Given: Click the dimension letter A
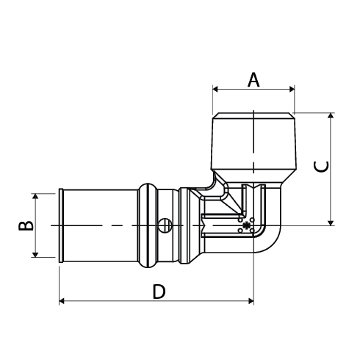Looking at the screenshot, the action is [x=253, y=80].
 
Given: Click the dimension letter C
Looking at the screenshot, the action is [x=321, y=167].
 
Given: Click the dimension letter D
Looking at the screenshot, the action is [x=159, y=292].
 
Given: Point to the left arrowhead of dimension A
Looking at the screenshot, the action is [x=215, y=89].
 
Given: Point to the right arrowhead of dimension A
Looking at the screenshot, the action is [x=292, y=89].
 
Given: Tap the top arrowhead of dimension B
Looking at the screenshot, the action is [x=35, y=196].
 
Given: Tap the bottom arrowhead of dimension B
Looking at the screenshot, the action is [x=35, y=255].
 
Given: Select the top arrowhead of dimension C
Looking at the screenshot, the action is [x=331, y=116].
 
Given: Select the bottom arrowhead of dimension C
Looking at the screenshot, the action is [x=331, y=222].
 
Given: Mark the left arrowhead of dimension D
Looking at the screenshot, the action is [x=62, y=301].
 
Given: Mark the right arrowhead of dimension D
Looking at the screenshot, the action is [x=251, y=301].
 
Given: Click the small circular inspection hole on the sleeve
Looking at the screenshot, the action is [x=165, y=225].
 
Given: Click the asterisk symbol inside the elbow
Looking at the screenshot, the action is [x=246, y=225].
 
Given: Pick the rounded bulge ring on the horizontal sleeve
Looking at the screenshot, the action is [x=148, y=225].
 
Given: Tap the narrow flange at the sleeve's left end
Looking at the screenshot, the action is [x=61, y=225].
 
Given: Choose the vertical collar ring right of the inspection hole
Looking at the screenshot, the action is [x=184, y=225].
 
